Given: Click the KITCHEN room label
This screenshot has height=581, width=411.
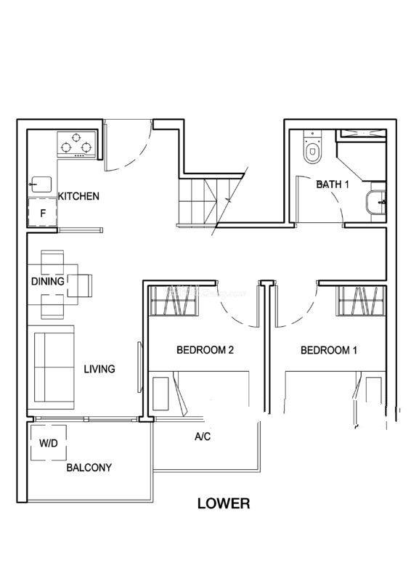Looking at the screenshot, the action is (x=78, y=196).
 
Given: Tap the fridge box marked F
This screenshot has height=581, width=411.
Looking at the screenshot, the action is (x=43, y=213).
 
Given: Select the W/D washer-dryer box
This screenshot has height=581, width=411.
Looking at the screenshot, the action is (x=49, y=443).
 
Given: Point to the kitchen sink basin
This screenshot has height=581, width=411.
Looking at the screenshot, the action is (x=41, y=184).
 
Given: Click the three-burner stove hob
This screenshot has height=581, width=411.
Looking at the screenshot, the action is (x=76, y=145).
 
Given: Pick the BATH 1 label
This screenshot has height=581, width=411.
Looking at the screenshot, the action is (x=333, y=184).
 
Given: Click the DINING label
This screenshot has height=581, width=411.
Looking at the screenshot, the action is (x=48, y=281).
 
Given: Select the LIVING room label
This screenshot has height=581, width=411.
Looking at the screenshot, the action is (x=99, y=369).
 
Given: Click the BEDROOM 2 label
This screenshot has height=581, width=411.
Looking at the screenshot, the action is (x=205, y=350).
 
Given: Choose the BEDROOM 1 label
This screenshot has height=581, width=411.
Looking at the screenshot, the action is (x=329, y=350).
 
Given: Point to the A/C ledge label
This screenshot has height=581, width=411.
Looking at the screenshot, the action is (x=203, y=436).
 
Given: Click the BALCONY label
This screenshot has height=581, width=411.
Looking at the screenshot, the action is (x=89, y=468).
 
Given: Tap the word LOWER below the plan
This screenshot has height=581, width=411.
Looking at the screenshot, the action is (x=224, y=503).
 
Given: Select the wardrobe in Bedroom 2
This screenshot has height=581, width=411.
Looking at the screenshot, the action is (x=173, y=301).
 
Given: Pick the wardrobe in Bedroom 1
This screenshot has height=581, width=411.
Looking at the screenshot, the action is (x=361, y=301).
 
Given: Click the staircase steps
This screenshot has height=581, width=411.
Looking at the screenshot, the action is (x=208, y=202).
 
